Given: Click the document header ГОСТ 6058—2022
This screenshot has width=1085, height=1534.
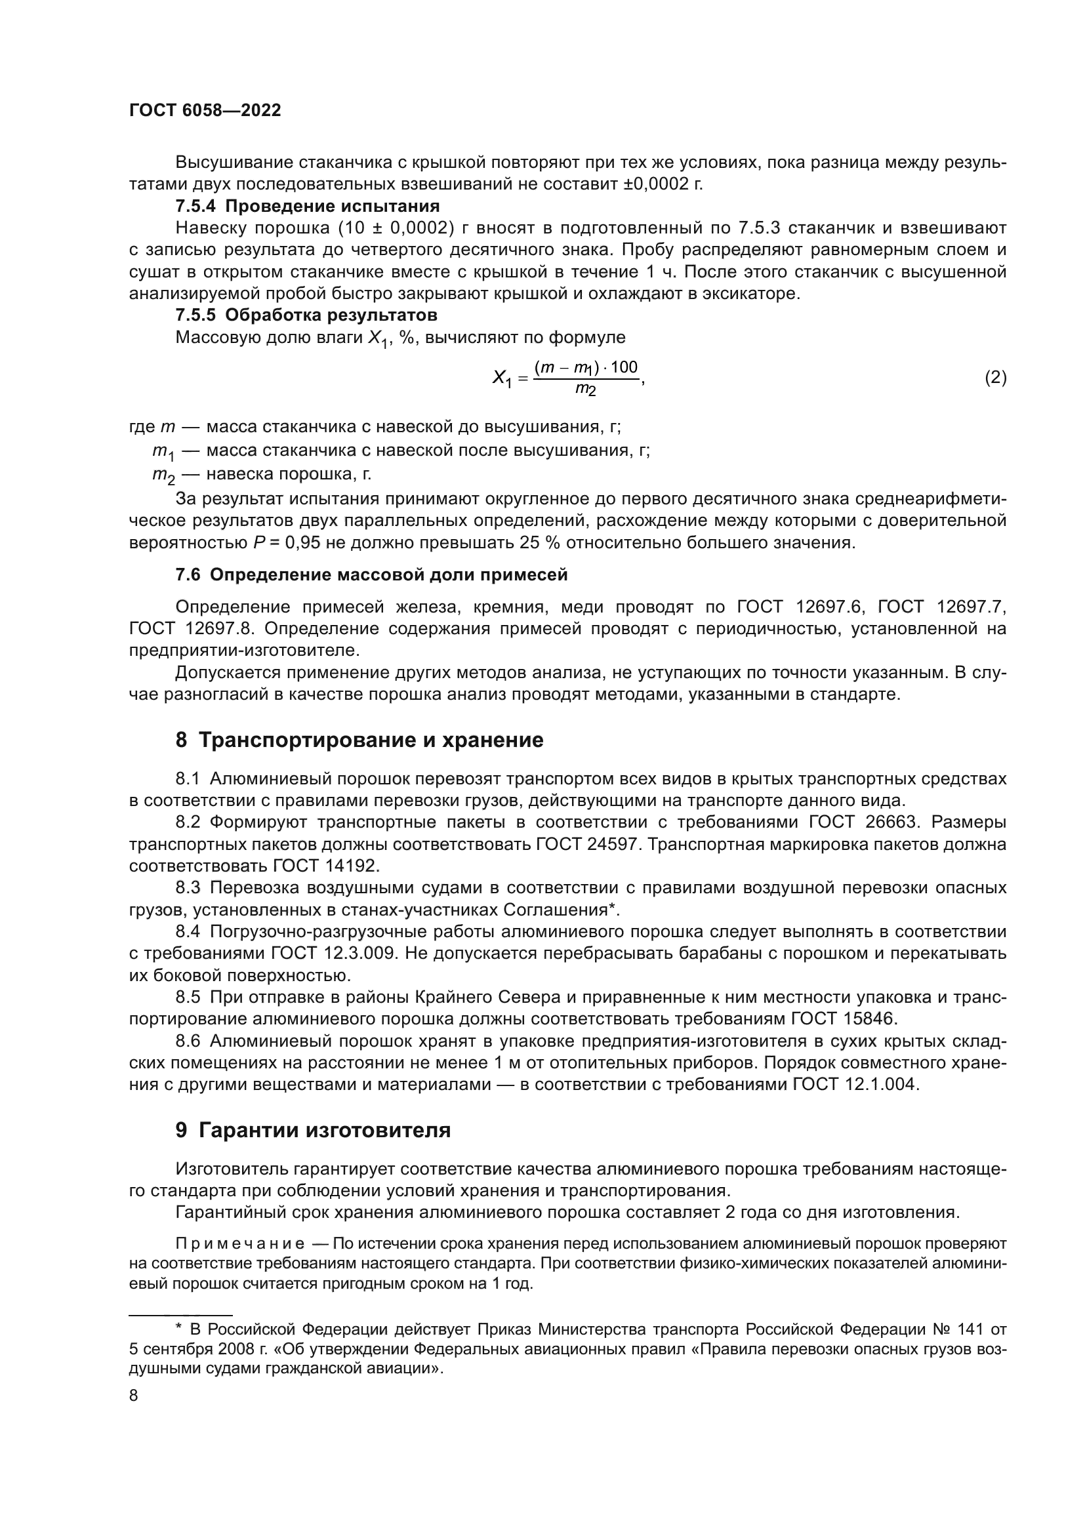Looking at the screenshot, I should (205, 111).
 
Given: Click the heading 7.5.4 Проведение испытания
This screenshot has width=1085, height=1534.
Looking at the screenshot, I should (307, 206).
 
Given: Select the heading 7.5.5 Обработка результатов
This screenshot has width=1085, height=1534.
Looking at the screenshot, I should (306, 314).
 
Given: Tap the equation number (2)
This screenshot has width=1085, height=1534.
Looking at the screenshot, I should (995, 378).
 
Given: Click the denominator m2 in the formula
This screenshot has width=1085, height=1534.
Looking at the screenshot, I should (585, 390).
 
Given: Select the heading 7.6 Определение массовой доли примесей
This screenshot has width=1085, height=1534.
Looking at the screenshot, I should (371, 575).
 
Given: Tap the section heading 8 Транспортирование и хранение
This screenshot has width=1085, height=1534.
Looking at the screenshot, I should (359, 740).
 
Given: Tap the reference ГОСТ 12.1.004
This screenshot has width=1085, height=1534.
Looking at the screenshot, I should (855, 1084).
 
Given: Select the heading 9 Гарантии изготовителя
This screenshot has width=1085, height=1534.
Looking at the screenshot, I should (313, 1131).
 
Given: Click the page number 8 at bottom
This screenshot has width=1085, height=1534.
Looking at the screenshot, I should (134, 1396).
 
